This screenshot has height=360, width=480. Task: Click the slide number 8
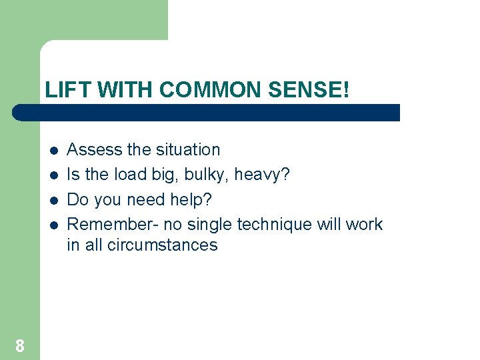[x=20, y=345]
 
